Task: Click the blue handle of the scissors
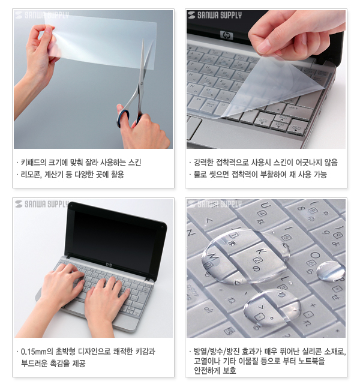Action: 123,116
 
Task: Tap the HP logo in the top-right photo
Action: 227,35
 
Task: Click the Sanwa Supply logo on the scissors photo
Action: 41,16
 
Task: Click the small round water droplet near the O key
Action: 330,271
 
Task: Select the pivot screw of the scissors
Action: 142,84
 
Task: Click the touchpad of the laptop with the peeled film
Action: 193,128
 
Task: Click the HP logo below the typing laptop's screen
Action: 109,265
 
